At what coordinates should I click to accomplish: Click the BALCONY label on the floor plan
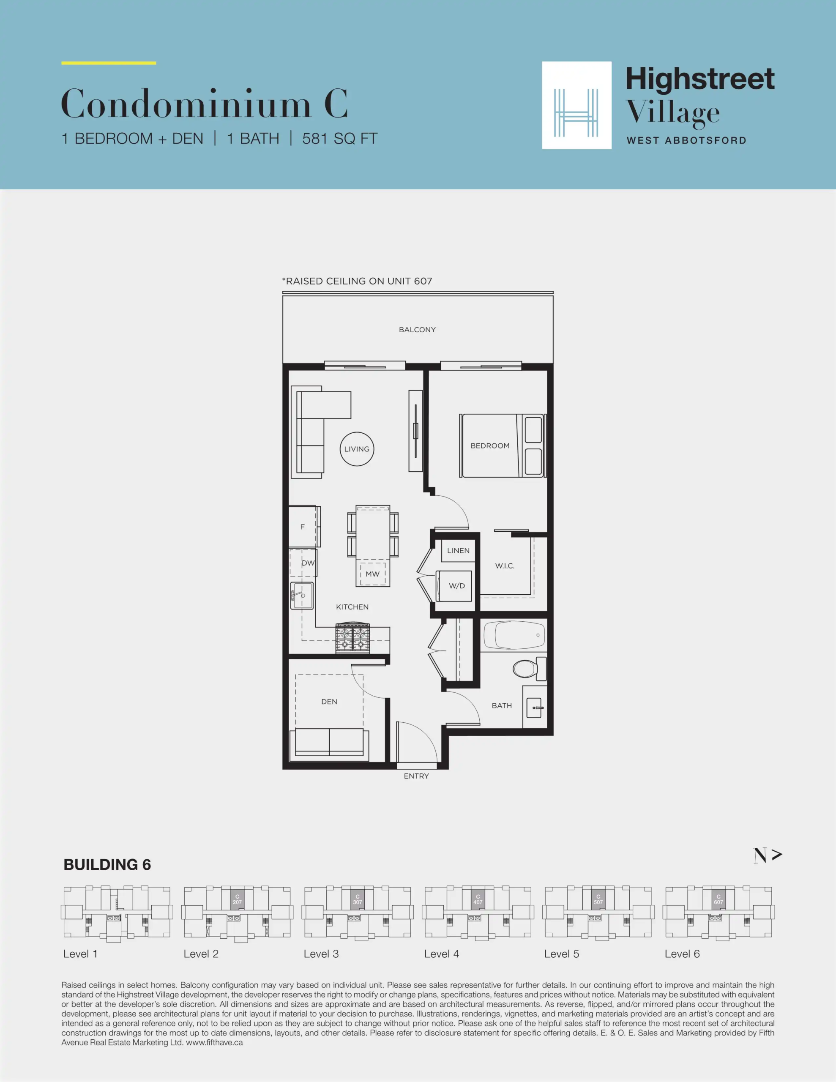point(417,329)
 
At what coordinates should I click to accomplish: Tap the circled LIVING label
point(357,449)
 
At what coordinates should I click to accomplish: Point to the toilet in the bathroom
point(529,668)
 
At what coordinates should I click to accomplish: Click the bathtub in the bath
point(514,635)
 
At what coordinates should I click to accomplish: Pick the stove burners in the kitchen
point(352,638)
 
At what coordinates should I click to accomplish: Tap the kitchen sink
point(302,596)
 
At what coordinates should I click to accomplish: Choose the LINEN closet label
point(459,550)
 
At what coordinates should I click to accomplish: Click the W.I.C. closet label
point(505,566)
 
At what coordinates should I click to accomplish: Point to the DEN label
point(329,702)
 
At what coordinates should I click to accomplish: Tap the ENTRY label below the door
point(416,776)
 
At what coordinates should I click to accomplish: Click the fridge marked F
point(303,527)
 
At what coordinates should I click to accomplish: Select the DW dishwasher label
point(308,563)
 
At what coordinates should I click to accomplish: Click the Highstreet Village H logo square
point(577,105)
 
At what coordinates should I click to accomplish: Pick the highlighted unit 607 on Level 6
point(719,899)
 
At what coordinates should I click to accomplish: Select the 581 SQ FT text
point(340,139)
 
